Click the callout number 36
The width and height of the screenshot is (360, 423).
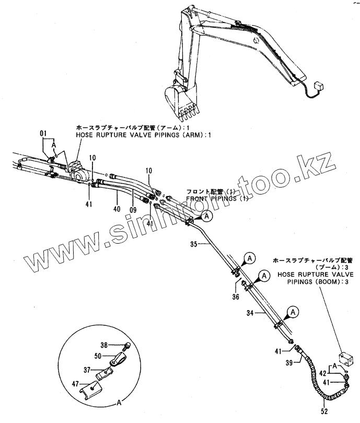tap(236, 296)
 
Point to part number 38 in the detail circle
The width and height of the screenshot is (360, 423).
tap(103, 345)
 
